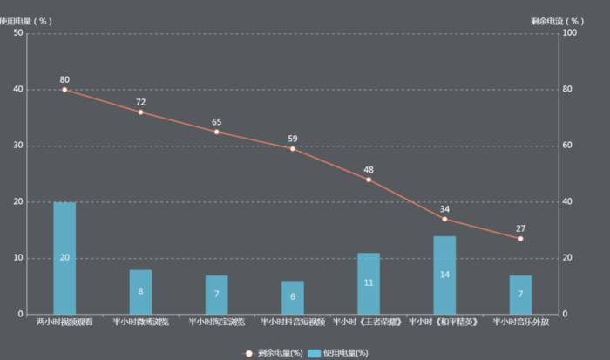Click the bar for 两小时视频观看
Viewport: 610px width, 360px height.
click(x=64, y=258)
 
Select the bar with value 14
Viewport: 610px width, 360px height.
click(x=444, y=275)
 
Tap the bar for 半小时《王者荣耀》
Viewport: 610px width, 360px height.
click(x=369, y=283)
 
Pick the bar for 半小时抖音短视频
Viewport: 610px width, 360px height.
click(x=293, y=297)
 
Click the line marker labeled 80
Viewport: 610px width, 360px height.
click(x=64, y=89)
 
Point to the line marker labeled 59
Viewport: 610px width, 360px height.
click(x=293, y=148)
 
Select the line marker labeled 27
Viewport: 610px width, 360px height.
click(x=520, y=238)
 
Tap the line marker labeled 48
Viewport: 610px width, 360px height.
click(x=369, y=180)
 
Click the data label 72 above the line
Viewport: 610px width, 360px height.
click(x=140, y=102)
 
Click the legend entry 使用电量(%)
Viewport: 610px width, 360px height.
click(x=340, y=352)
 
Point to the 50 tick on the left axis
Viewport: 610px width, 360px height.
click(x=18, y=33)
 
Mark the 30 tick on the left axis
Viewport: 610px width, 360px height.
click(x=18, y=146)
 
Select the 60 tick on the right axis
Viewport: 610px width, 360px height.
click(x=568, y=146)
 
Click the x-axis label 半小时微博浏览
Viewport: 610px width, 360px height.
click(x=140, y=322)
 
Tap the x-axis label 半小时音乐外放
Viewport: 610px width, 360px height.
click(x=520, y=322)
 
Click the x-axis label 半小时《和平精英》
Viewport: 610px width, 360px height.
click(x=444, y=322)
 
